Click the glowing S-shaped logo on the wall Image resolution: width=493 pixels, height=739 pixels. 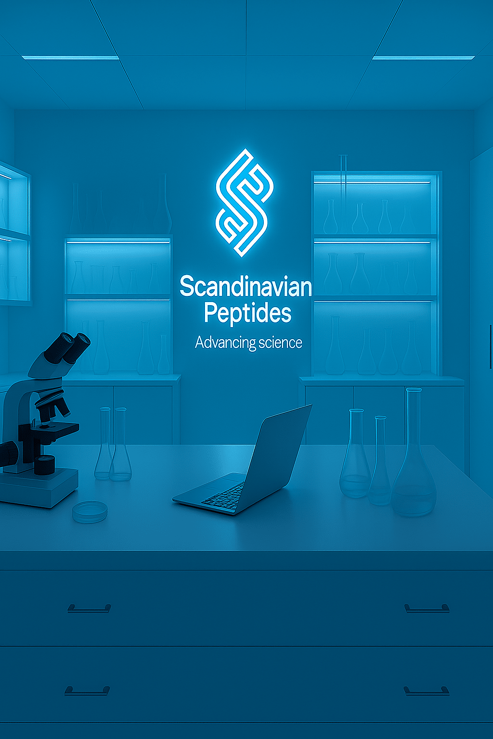tap(245, 203)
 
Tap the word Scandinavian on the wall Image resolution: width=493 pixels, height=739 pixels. tap(246, 286)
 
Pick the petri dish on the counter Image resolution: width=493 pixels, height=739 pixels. tap(90, 512)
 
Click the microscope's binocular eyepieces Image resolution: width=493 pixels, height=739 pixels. tap(68, 348)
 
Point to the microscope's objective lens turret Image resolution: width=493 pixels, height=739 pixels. tap(53, 404)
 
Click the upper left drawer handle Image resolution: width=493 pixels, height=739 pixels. tap(89, 609)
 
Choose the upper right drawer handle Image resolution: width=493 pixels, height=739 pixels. tap(427, 609)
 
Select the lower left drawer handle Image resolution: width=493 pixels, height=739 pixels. tap(87, 691)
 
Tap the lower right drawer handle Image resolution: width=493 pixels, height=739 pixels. tap(426, 691)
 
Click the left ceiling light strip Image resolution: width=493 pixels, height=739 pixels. tap(70, 58)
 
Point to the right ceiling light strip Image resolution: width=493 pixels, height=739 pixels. tap(424, 58)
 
